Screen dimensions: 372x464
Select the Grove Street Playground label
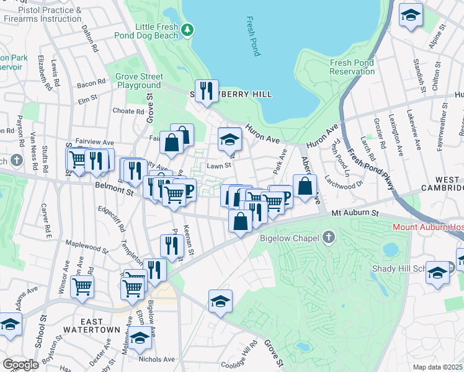(x=139, y=81)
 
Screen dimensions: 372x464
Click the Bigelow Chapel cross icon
(x=328, y=237)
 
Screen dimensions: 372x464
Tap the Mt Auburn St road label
(x=355, y=213)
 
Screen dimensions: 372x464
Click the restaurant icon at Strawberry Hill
(x=207, y=91)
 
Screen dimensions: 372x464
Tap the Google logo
(x=20, y=365)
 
